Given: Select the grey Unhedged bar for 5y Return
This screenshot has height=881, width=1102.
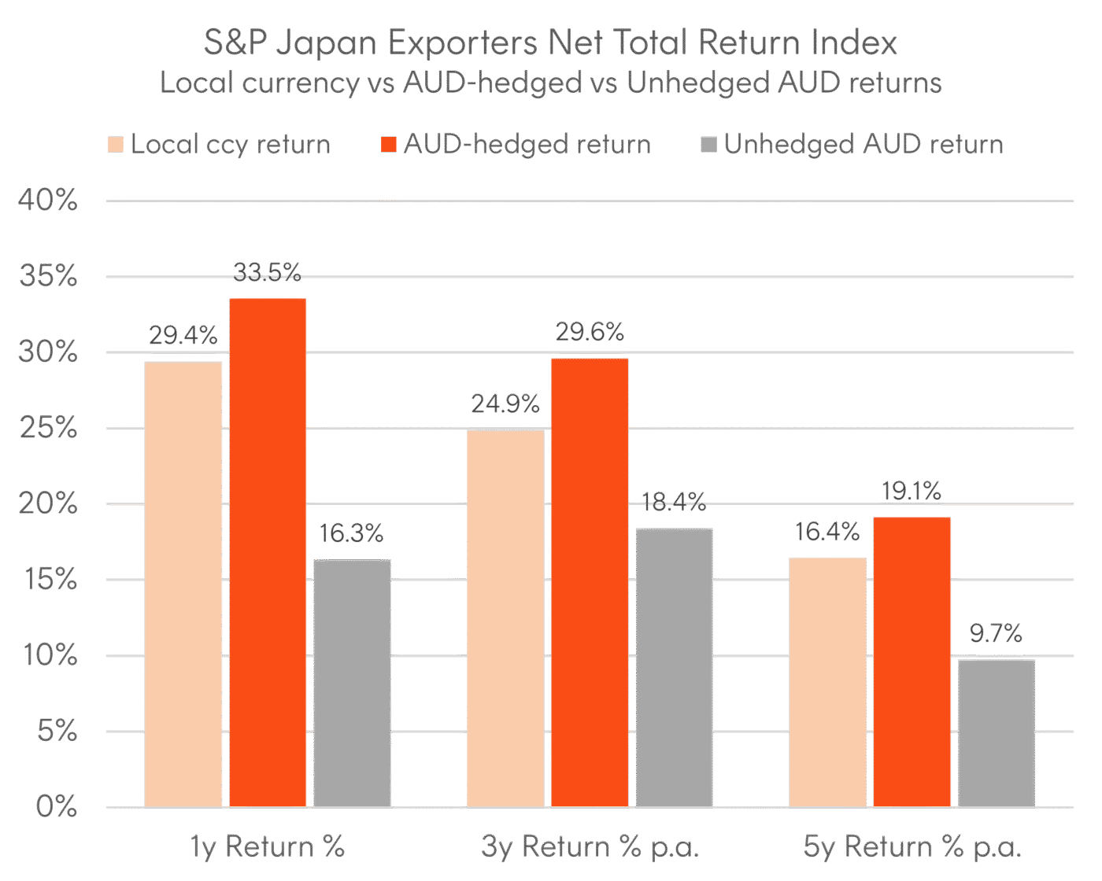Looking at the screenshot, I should pyautogui.click(x=996, y=732).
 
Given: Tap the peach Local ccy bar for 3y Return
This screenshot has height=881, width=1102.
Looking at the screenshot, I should pyautogui.click(x=505, y=617).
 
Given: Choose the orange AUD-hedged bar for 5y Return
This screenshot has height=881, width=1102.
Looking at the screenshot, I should pyautogui.click(x=912, y=662).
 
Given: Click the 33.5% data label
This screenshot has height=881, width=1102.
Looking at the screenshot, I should pyautogui.click(x=268, y=272).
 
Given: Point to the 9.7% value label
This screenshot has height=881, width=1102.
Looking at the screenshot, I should pyautogui.click(x=996, y=633).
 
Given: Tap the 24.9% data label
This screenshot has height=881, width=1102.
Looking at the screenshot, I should pyautogui.click(x=505, y=404).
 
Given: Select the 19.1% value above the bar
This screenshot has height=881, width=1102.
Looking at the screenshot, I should pyautogui.click(x=912, y=492).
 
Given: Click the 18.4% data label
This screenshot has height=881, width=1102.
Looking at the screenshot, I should pyautogui.click(x=674, y=502).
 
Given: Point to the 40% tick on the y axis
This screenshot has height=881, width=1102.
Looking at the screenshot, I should pyautogui.click(x=48, y=201).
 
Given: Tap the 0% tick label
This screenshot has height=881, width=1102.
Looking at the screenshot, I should pyautogui.click(x=57, y=807).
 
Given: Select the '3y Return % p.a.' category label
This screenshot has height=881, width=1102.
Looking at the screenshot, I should pyautogui.click(x=590, y=847).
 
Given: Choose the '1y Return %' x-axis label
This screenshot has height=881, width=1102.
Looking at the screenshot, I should pyautogui.click(x=268, y=847).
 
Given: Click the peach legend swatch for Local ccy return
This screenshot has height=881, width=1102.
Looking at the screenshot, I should pyautogui.click(x=116, y=145).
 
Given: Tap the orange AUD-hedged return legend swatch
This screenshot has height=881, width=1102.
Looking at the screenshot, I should pyautogui.click(x=388, y=145).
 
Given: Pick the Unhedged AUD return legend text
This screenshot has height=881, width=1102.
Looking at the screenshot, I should pyautogui.click(x=863, y=145).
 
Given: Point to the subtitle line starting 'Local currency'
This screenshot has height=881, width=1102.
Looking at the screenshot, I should pyautogui.click(x=551, y=83).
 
